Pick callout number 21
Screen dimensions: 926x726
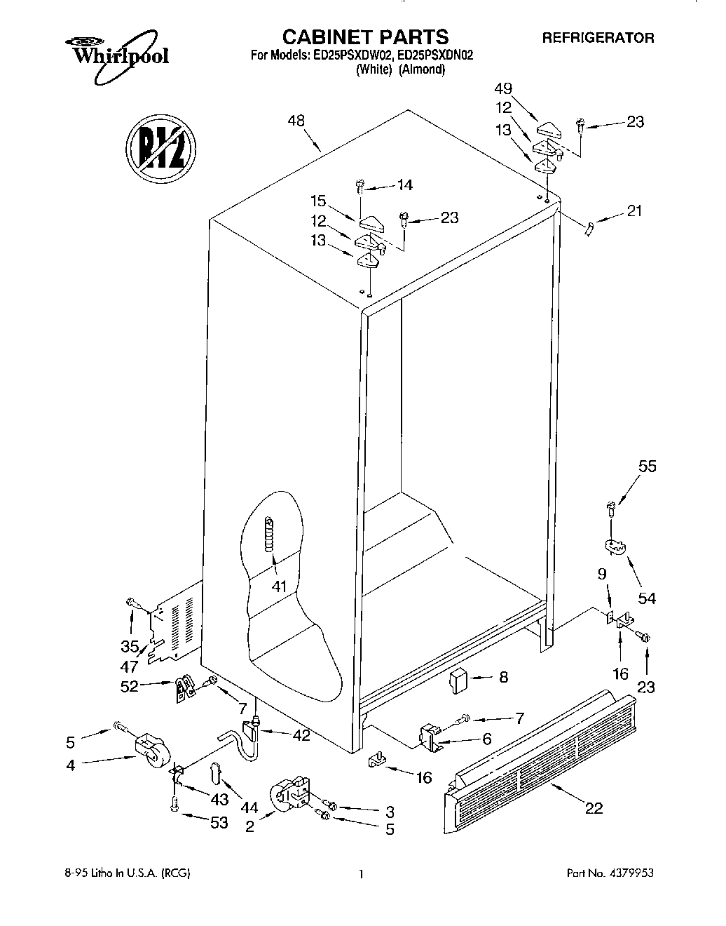click(635, 211)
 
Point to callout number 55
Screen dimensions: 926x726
click(647, 467)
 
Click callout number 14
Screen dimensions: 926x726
click(404, 185)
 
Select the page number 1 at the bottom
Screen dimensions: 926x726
click(361, 874)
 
